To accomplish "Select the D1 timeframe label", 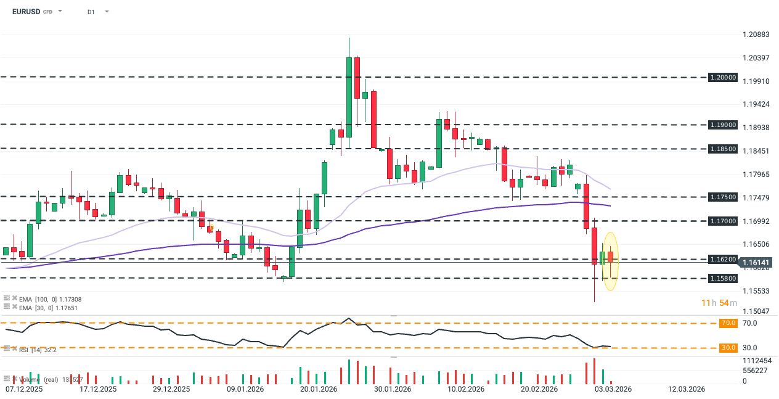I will [91, 12].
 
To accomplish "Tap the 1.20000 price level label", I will [723, 78].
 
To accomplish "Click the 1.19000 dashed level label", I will [723, 125].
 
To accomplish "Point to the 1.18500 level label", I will [723, 149].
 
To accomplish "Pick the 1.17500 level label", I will [723, 197].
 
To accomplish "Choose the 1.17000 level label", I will [723, 220].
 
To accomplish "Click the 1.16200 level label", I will [723, 260].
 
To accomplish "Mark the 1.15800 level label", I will [723, 278].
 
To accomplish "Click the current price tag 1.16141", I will [756, 263].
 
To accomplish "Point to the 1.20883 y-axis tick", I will [756, 35].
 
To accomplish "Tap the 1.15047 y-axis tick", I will [756, 311].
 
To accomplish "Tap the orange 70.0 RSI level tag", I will [728, 323].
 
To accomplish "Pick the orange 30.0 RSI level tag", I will [728, 348].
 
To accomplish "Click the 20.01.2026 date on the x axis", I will [317, 389].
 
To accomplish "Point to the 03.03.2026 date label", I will [612, 389].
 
